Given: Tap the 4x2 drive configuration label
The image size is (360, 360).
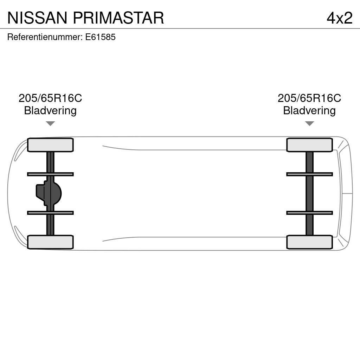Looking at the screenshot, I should pos(339,18).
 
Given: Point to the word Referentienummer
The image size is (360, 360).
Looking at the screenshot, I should pos(44,37).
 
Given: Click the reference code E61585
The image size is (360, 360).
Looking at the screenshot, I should pos(100,37).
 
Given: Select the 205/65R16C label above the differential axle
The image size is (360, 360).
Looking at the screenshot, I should pos(50,98).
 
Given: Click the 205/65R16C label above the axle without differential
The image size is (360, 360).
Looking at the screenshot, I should pos(309,98).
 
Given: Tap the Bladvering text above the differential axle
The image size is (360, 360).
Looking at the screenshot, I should pos(50,111).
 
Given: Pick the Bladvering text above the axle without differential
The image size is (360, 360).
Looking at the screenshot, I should pos(309,111).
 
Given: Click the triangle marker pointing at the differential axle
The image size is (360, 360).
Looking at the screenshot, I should pos(50,123).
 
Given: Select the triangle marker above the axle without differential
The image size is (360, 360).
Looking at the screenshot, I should pos(309,123).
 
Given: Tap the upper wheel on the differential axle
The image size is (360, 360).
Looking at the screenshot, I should pos(50,145).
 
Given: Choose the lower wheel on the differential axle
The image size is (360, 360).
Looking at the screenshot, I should pos(50,242).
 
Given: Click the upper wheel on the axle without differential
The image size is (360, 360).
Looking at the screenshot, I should pos(309,145).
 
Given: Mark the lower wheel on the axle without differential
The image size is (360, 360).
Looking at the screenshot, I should pos(309,242).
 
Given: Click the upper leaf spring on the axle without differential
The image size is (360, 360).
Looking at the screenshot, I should pos(309,174).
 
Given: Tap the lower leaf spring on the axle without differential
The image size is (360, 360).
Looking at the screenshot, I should pos(309,213).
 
